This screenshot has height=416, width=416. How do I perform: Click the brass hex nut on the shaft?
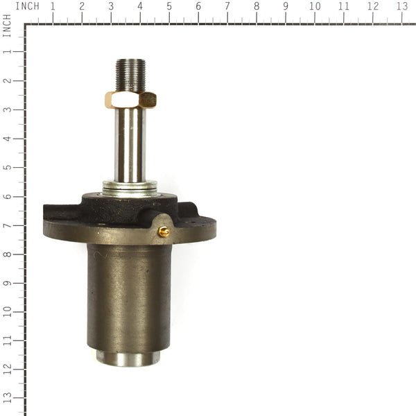click(130, 99)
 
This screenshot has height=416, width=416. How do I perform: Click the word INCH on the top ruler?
click(27, 6)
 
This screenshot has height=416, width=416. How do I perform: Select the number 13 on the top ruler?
click(401, 6)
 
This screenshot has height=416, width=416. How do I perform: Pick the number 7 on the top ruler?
click(227, 6)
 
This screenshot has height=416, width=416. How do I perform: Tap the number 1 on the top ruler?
click(53, 6)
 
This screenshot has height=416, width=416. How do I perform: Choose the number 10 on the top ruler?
click(315, 6)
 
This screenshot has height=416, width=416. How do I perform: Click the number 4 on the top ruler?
click(140, 6)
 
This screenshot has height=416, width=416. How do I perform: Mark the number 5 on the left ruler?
click(7, 167)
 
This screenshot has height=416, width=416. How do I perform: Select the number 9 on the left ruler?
click(7, 283)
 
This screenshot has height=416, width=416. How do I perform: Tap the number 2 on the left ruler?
click(7, 80)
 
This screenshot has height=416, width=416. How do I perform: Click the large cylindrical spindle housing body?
click(129, 298)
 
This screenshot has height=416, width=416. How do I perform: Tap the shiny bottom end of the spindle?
click(128, 358)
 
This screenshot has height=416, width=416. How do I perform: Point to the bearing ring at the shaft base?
click(130, 187)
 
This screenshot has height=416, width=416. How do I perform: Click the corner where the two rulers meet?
click(25, 24)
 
